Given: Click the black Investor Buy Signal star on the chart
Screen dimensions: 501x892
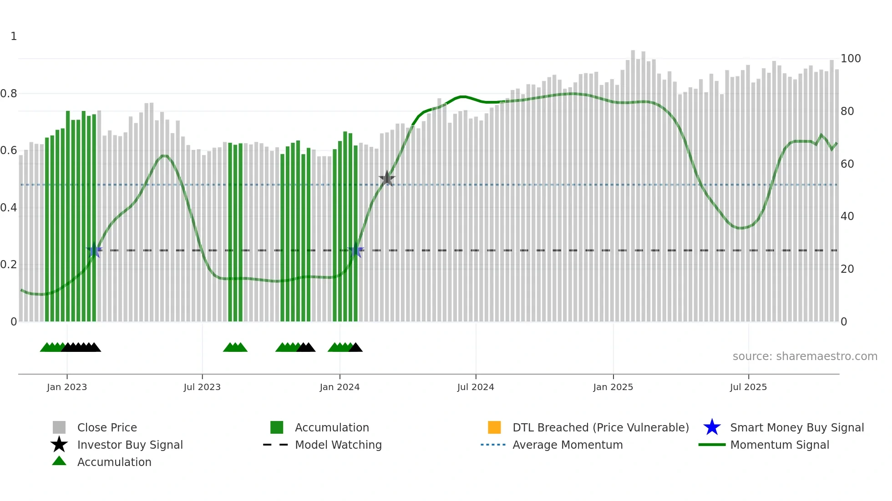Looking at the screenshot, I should click(x=387, y=178).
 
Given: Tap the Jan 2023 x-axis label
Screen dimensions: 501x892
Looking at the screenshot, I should click(x=67, y=387).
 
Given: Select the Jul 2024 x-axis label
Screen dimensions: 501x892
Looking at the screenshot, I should click(x=476, y=387).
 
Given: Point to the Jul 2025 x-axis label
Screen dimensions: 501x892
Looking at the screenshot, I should click(x=748, y=387).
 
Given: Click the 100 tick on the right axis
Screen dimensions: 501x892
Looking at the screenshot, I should click(x=851, y=59).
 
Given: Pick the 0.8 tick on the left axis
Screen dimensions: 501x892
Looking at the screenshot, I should click(x=9, y=94).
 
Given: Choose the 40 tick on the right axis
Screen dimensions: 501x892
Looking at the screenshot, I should click(x=847, y=216).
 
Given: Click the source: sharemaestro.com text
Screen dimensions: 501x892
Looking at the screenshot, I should click(x=805, y=356).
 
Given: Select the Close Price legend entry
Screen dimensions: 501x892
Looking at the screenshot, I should click(x=107, y=427).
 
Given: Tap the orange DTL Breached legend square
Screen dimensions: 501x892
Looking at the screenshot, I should click(x=494, y=427).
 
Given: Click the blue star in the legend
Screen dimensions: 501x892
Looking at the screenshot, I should click(x=712, y=427).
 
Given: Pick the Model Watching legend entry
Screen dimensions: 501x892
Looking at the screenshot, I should click(x=338, y=445).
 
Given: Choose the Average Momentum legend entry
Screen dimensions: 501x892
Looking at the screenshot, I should click(x=568, y=445).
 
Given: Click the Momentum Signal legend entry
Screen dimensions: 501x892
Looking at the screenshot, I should click(x=780, y=445).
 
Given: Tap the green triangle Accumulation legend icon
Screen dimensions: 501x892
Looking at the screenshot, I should click(x=59, y=461).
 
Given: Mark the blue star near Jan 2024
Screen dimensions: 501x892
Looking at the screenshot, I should click(x=356, y=250).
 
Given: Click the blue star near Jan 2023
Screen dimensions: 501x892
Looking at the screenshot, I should click(x=94, y=250).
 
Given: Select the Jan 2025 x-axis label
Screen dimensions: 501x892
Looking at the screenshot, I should click(x=613, y=387).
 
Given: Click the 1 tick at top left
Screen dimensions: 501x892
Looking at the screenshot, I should click(x=14, y=36).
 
